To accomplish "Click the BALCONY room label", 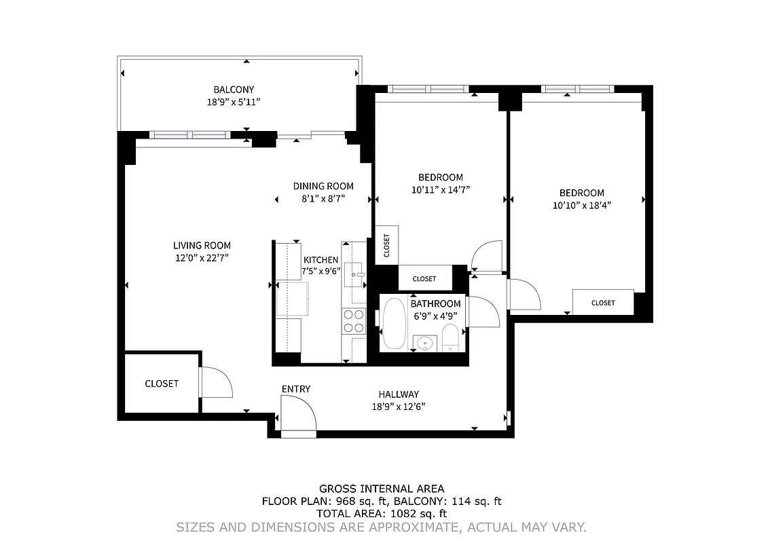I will (234, 90).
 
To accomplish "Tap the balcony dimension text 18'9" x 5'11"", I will (234, 102).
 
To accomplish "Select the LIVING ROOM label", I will (202, 246).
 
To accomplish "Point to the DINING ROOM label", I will (323, 187).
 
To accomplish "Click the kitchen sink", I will (354, 274).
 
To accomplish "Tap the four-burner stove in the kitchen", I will (353, 320).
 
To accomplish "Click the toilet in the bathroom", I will (450, 337).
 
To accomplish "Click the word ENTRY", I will (296, 389).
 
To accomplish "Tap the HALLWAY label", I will (399, 394).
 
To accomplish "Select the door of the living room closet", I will (216, 383).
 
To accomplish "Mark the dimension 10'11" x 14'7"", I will (441, 190).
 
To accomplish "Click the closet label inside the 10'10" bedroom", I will (603, 303).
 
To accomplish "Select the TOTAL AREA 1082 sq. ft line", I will (382, 514).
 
